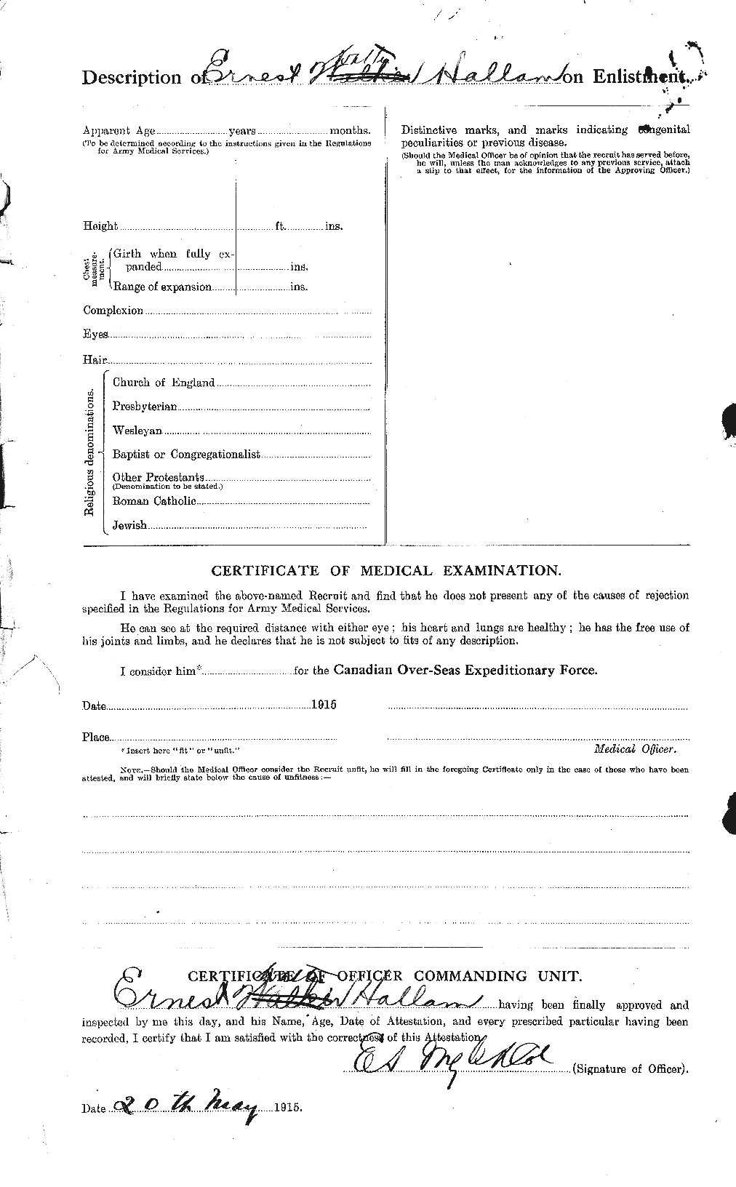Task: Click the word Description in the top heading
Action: click(132, 78)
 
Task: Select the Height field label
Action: click(100, 226)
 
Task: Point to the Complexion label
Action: click(113, 311)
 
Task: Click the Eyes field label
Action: click(95, 335)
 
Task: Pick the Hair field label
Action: click(95, 359)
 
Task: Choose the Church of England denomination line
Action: click(164, 383)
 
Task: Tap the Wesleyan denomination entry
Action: click(137, 431)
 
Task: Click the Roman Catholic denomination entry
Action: click(154, 501)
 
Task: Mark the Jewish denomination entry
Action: click(129, 524)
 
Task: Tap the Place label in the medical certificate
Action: click(95, 738)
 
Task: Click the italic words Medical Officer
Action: click(635, 748)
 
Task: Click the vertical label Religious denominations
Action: click(90, 452)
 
